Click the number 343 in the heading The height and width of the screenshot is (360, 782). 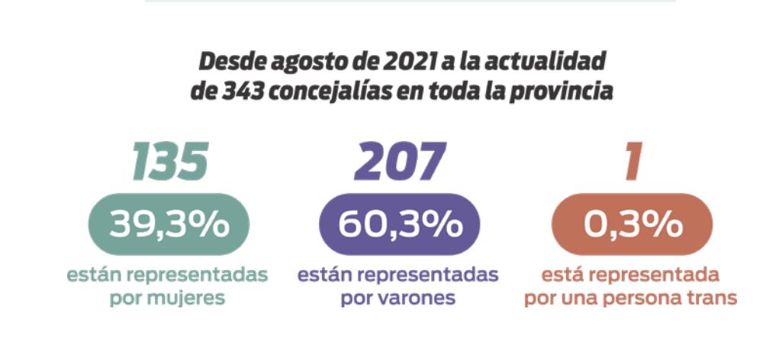(x=238, y=91)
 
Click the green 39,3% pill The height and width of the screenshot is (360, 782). (x=169, y=224)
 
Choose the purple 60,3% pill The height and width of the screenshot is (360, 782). (x=400, y=224)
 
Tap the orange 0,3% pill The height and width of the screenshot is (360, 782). (x=632, y=224)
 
